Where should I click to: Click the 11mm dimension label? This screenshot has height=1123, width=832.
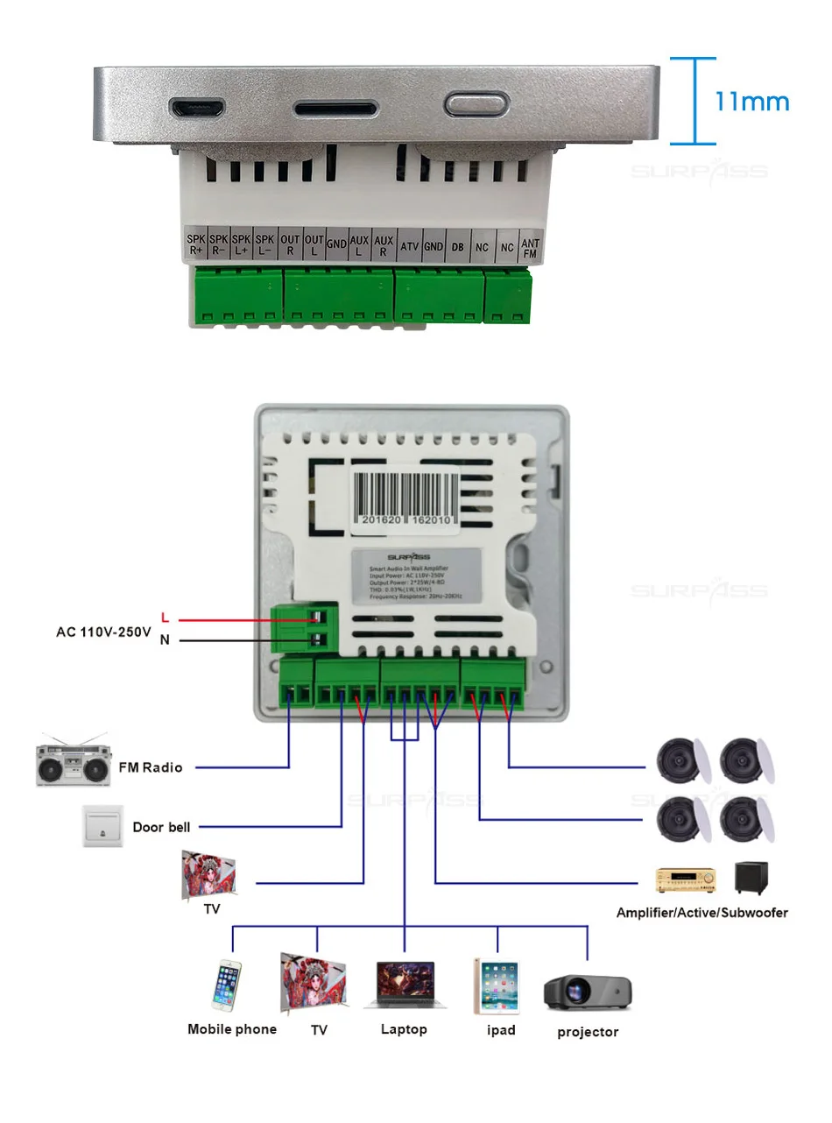coord(751,101)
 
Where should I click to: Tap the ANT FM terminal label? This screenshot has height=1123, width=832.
coord(530,247)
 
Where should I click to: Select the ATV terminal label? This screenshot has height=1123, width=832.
coord(408,247)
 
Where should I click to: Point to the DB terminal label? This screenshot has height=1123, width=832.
coord(457,247)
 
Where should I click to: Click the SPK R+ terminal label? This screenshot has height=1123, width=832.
coord(195,244)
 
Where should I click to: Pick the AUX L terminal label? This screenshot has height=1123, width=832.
coord(359,244)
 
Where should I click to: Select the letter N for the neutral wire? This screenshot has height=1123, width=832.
coord(165,639)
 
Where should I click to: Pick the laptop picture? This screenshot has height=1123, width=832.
coord(405,986)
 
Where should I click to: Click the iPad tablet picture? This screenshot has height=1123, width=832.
coord(497,988)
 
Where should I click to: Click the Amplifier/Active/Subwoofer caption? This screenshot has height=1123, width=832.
coord(702,913)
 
